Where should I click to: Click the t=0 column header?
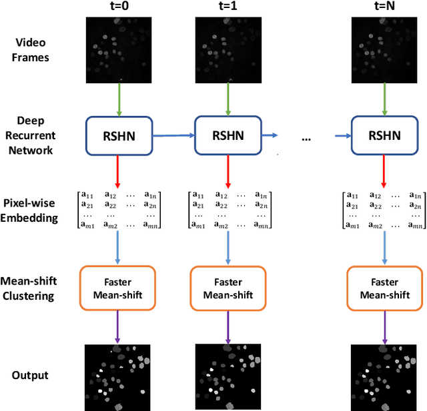point(121,7)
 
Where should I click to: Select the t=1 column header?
point(229,7)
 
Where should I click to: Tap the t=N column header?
point(384,7)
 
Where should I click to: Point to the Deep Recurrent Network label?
point(33,135)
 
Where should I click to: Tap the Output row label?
point(31,375)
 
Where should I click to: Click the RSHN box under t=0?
point(119,135)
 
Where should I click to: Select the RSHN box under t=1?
point(228,135)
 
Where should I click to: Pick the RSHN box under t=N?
point(384,135)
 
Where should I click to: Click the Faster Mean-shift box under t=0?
point(117,288)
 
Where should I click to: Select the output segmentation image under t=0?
point(119,376)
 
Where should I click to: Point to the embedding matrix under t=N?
point(383,210)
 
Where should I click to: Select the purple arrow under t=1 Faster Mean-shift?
point(228,326)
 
